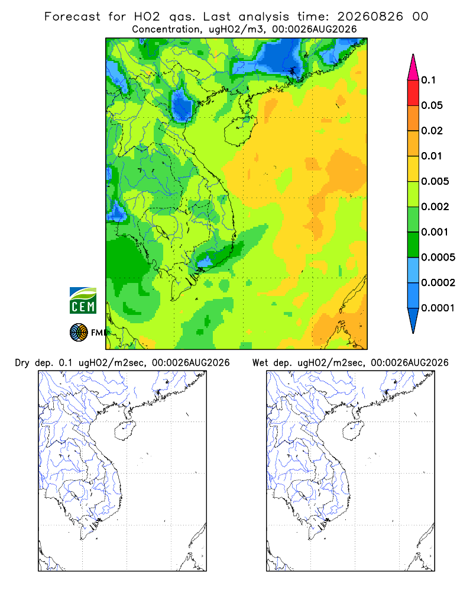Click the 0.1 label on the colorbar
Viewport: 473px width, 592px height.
pyautogui.click(x=428, y=80)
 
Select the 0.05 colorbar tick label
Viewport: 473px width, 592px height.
pyautogui.click(x=432, y=105)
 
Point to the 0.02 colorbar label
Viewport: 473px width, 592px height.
pyautogui.click(x=432, y=131)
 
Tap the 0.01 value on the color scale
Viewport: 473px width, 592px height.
pyautogui.click(x=432, y=156)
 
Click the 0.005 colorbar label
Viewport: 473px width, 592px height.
pyautogui.click(x=435, y=181)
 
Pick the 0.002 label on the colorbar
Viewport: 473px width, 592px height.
pyautogui.click(x=435, y=207)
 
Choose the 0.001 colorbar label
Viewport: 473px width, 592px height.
pyautogui.click(x=435, y=232)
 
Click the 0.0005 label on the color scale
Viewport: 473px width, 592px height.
pyautogui.click(x=438, y=257)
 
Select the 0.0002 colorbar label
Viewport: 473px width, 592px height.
pyautogui.click(x=438, y=282)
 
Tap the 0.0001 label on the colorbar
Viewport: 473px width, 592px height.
pyautogui.click(x=438, y=308)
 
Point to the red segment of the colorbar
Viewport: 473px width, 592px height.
pyautogui.click(x=413, y=93)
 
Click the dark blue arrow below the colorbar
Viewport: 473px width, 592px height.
pyautogui.click(x=413, y=320)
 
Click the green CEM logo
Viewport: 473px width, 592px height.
pyautogui.click(x=83, y=301)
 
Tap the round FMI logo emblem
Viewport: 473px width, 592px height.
pyautogui.click(x=79, y=332)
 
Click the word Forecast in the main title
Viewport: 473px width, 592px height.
pyautogui.click(x=72, y=17)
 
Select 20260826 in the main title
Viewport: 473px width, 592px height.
pyautogui.click(x=370, y=17)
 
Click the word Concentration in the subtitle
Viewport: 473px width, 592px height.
pyautogui.click(x=166, y=30)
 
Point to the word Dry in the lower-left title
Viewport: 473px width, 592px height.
pyautogui.click(x=22, y=363)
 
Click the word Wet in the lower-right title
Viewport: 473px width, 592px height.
pyautogui.click(x=260, y=363)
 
